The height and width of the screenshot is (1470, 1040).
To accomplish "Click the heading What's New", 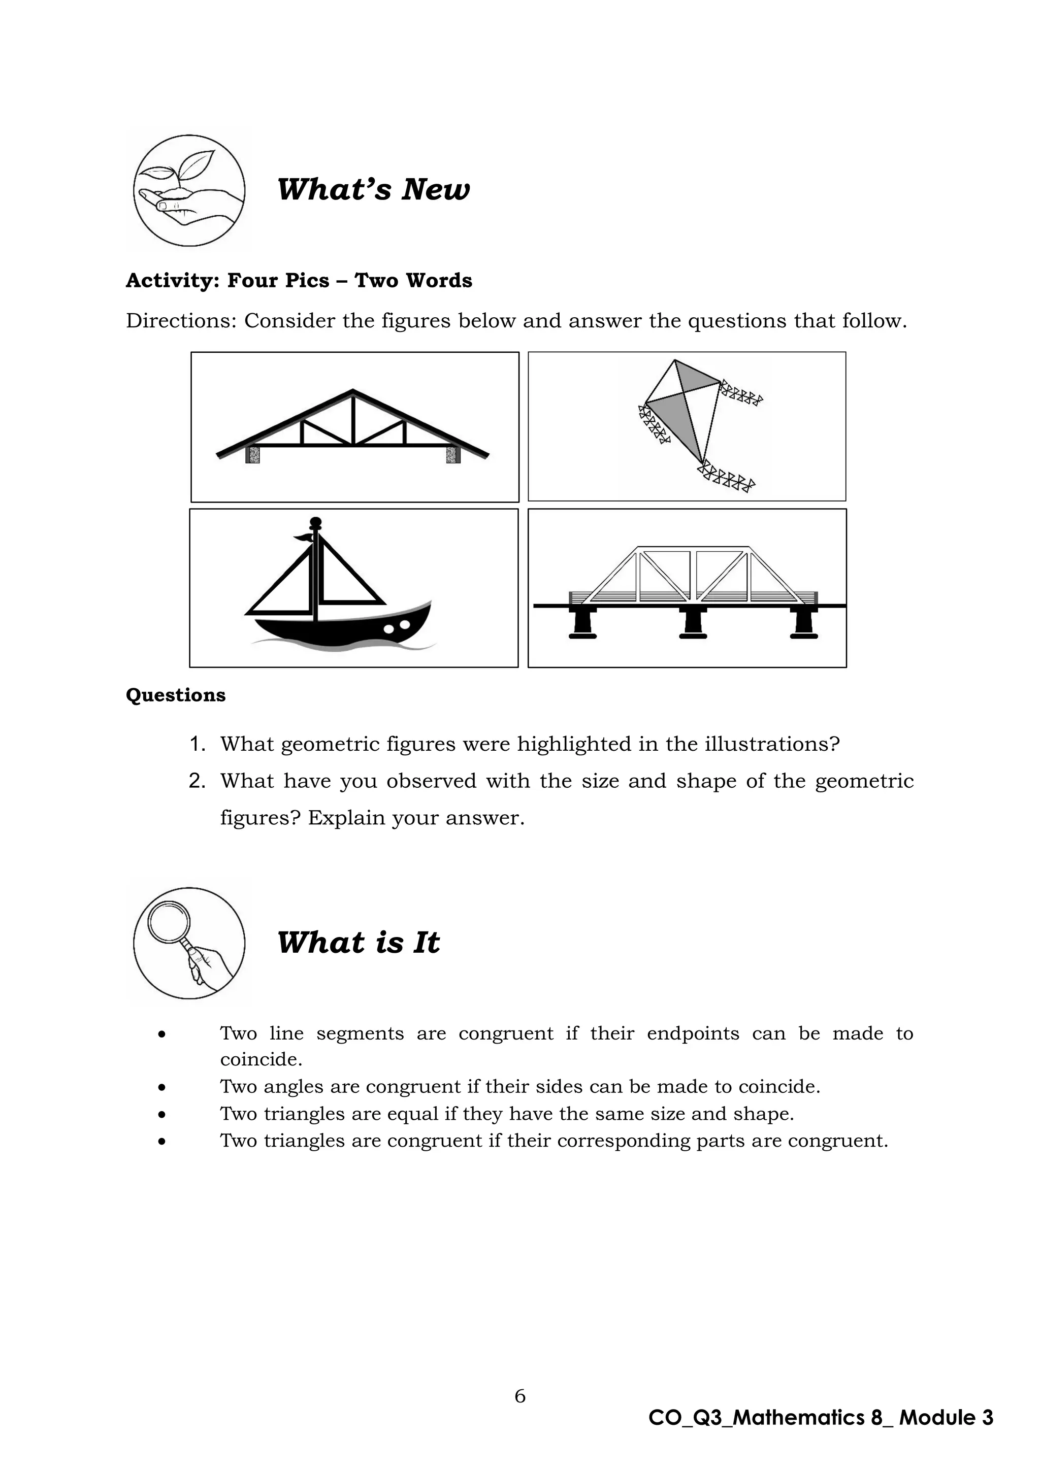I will (x=373, y=189).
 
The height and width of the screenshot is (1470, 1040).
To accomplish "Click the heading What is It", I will (x=358, y=943).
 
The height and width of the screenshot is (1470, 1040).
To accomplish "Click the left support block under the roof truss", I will (x=253, y=455).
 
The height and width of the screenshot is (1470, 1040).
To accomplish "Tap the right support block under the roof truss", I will (x=453, y=455).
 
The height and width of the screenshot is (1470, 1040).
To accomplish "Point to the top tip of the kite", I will (x=674, y=360).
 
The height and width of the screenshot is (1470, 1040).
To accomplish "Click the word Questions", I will (x=176, y=695).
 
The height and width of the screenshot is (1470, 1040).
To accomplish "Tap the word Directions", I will (x=181, y=321).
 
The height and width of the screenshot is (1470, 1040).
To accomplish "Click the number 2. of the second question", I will (x=197, y=781).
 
